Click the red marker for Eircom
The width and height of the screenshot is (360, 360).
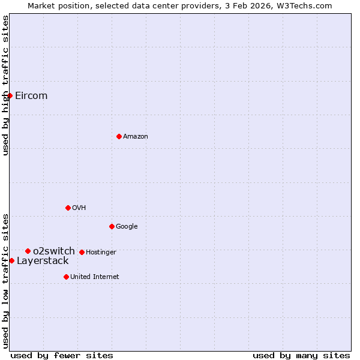pos(10,95)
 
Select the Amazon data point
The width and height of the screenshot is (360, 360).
pos(119,136)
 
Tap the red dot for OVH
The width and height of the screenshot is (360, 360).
pos(68,208)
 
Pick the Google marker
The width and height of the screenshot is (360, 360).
pos(112,226)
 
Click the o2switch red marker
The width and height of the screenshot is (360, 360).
pos(28,251)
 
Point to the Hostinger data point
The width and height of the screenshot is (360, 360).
pos(82,252)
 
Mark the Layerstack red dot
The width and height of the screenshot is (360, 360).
pos(11,260)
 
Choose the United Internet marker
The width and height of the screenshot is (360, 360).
pos(66,277)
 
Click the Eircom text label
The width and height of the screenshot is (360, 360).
pos(31,95)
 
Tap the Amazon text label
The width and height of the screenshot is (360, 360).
pos(136,136)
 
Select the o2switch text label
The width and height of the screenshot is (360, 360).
pos(54,251)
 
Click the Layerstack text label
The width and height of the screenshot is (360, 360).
pos(43,260)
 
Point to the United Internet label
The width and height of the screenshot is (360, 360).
pos(95,277)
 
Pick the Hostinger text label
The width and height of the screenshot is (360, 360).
pos(101,252)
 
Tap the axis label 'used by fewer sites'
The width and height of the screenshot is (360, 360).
pos(62,355)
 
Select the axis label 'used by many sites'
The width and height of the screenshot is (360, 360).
pos(301,355)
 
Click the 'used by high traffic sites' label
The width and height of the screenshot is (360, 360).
pos(5,85)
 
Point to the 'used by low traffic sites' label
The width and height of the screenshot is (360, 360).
pos(5,280)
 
